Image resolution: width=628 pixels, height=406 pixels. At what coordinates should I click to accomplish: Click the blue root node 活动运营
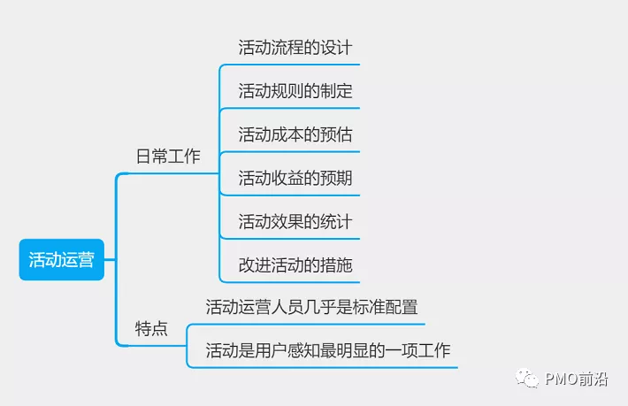[x=61, y=260]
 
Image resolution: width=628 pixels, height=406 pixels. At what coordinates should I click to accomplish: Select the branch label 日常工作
[x=168, y=157]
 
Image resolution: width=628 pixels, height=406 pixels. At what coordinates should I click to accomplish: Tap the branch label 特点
[x=151, y=329]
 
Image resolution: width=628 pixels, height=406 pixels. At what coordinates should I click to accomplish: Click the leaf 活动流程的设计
[x=295, y=47]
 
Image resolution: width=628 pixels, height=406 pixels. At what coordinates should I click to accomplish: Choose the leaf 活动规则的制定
[x=295, y=90]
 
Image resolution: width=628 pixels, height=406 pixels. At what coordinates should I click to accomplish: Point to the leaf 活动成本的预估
[x=295, y=134]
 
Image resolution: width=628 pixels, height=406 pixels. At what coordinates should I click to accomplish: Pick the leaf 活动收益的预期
[x=295, y=178]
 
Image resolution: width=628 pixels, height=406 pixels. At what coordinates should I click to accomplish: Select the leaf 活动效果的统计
[x=295, y=221]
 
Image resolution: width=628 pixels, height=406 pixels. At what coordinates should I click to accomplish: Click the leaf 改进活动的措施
[x=295, y=264]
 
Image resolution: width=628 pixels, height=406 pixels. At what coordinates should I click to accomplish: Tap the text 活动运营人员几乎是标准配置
[x=311, y=307]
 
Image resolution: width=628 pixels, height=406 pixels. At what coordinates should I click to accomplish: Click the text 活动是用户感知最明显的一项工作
[x=328, y=350]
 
